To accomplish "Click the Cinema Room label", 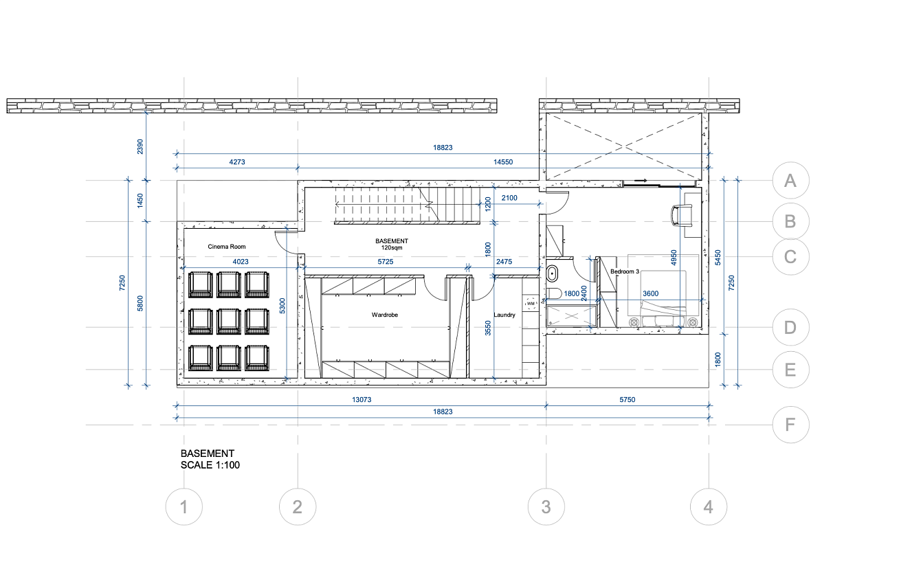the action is pyautogui.click(x=226, y=246).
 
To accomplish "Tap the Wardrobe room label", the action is pyautogui.click(x=384, y=315).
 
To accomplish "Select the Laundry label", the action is pyautogui.click(x=504, y=315).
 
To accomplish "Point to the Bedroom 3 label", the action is pyautogui.click(x=625, y=271).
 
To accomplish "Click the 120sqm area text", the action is pyautogui.click(x=391, y=248).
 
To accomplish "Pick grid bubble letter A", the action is pyautogui.click(x=790, y=181).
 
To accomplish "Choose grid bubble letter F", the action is pyautogui.click(x=790, y=425).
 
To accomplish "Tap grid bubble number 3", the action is pyautogui.click(x=546, y=507).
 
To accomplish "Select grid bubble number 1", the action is pyautogui.click(x=184, y=507).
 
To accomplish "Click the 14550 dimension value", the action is pyautogui.click(x=503, y=162).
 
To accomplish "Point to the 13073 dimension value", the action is pyautogui.click(x=362, y=399).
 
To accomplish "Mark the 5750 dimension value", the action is pyautogui.click(x=627, y=399).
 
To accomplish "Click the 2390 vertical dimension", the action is pyautogui.click(x=140, y=146).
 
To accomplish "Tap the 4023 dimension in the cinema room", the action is pyautogui.click(x=241, y=262).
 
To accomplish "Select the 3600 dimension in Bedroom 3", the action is pyautogui.click(x=651, y=293).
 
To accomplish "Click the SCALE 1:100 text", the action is pyautogui.click(x=210, y=465).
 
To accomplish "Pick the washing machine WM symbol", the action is pyautogui.click(x=531, y=304).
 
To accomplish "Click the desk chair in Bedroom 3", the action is pyautogui.click(x=682, y=215).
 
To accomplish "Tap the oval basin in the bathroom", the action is pyautogui.click(x=552, y=275).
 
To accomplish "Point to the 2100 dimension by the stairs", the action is pyautogui.click(x=509, y=198).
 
